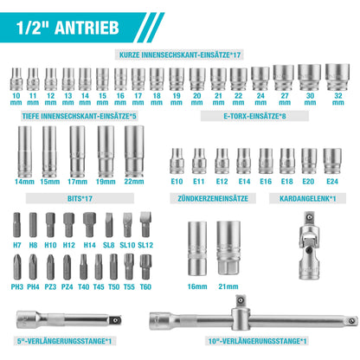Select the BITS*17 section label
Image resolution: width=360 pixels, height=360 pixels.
pos(80,197)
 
